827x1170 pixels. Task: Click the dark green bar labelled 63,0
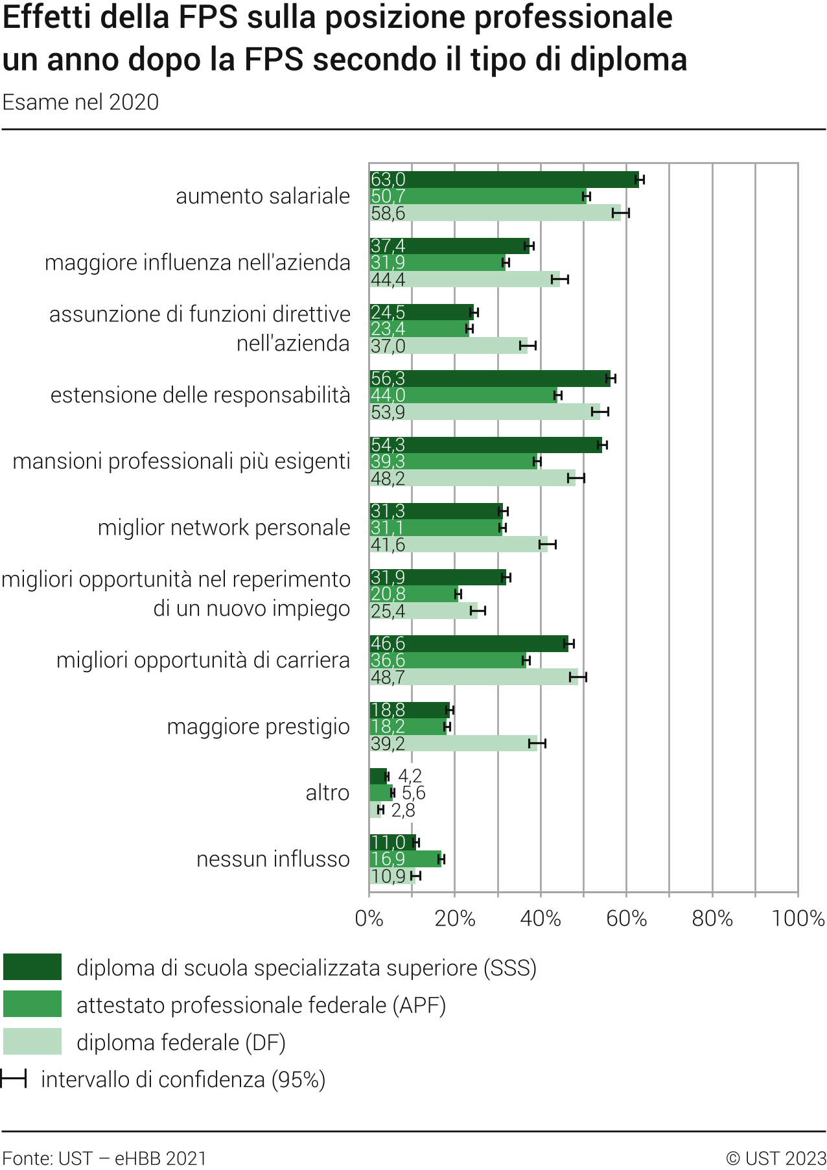(x=504, y=180)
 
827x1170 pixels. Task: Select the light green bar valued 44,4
(x=464, y=279)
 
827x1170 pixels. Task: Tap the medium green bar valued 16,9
(x=405, y=859)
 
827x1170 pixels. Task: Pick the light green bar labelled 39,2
(x=453, y=743)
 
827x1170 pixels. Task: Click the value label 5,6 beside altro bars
(x=413, y=793)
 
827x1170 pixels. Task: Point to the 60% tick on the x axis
(x=626, y=918)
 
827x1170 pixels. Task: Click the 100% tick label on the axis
(x=798, y=918)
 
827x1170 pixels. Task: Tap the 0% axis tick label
(x=369, y=918)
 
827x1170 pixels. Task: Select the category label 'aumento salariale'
(x=262, y=196)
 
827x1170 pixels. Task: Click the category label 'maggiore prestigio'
(x=258, y=727)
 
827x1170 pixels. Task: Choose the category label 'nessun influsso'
(x=273, y=859)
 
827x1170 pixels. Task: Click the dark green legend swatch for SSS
(x=32, y=966)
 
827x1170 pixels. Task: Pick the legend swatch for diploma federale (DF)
(x=32, y=1042)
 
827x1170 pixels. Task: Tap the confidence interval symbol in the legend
(x=14, y=1079)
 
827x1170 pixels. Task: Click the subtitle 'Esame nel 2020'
(x=80, y=102)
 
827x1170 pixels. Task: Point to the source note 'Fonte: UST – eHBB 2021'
(x=104, y=1158)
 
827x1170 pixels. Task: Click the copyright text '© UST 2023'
(x=776, y=1158)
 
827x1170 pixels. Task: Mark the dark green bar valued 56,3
(x=489, y=379)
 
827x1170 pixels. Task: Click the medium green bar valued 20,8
(x=413, y=594)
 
